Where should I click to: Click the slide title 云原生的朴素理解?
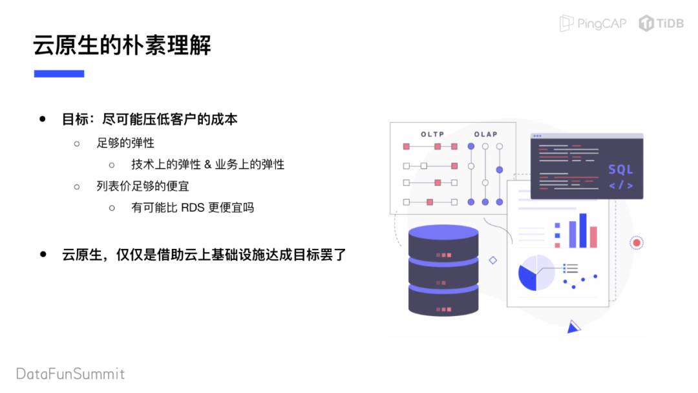pyautogui.click(x=123, y=45)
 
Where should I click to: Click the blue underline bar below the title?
pyautogui.click(x=59, y=74)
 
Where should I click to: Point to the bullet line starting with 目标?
pyautogui.click(x=149, y=120)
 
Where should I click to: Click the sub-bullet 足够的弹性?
pyautogui.click(x=125, y=142)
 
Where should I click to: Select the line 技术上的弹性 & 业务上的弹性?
pyautogui.click(x=207, y=164)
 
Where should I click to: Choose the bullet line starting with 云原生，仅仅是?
pyautogui.click(x=204, y=255)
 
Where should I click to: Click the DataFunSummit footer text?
pyautogui.click(x=70, y=374)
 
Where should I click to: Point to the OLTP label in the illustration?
pyautogui.click(x=432, y=134)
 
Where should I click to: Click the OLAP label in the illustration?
pyautogui.click(x=485, y=134)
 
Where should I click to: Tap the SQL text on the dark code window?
pyautogui.click(x=620, y=170)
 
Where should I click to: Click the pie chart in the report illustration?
pyautogui.click(x=536, y=273)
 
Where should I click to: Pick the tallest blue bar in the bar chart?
pyautogui.click(x=583, y=230)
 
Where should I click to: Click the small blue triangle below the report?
pyautogui.click(x=573, y=328)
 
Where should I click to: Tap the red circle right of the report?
pyautogui.click(x=637, y=243)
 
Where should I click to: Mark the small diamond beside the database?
pyautogui.click(x=493, y=260)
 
